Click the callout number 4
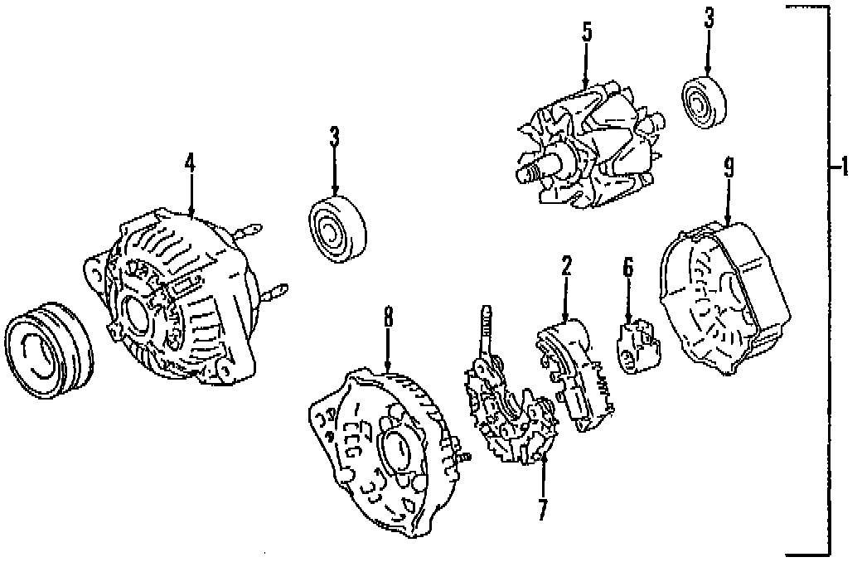click(x=190, y=163)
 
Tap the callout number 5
click(x=586, y=33)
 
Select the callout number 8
click(x=387, y=317)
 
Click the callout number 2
click(x=567, y=267)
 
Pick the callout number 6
click(x=627, y=267)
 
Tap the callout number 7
click(x=543, y=509)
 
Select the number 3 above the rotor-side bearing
click(x=709, y=18)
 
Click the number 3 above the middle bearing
click(x=334, y=138)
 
